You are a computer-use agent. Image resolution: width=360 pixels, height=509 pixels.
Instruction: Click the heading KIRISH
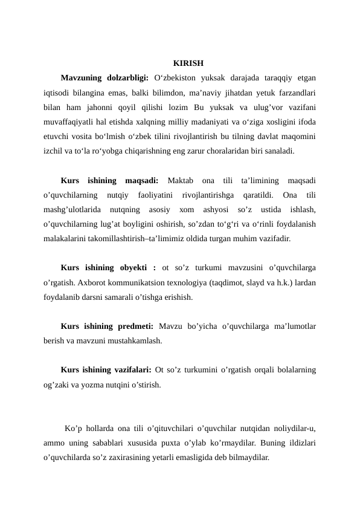tap(188, 63)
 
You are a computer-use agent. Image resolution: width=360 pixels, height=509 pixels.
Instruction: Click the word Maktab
tap(180, 180)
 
